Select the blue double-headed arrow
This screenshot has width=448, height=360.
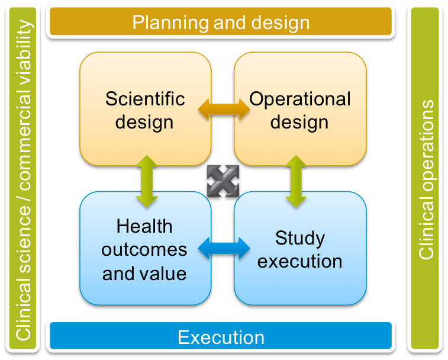223,248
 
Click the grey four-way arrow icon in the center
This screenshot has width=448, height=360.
223,180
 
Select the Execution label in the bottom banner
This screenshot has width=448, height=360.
221,337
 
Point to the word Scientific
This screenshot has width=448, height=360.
145,98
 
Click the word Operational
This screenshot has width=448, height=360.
300,98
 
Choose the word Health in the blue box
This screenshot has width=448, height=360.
144,226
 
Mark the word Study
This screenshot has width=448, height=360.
300,239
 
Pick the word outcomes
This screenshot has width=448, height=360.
144,250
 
